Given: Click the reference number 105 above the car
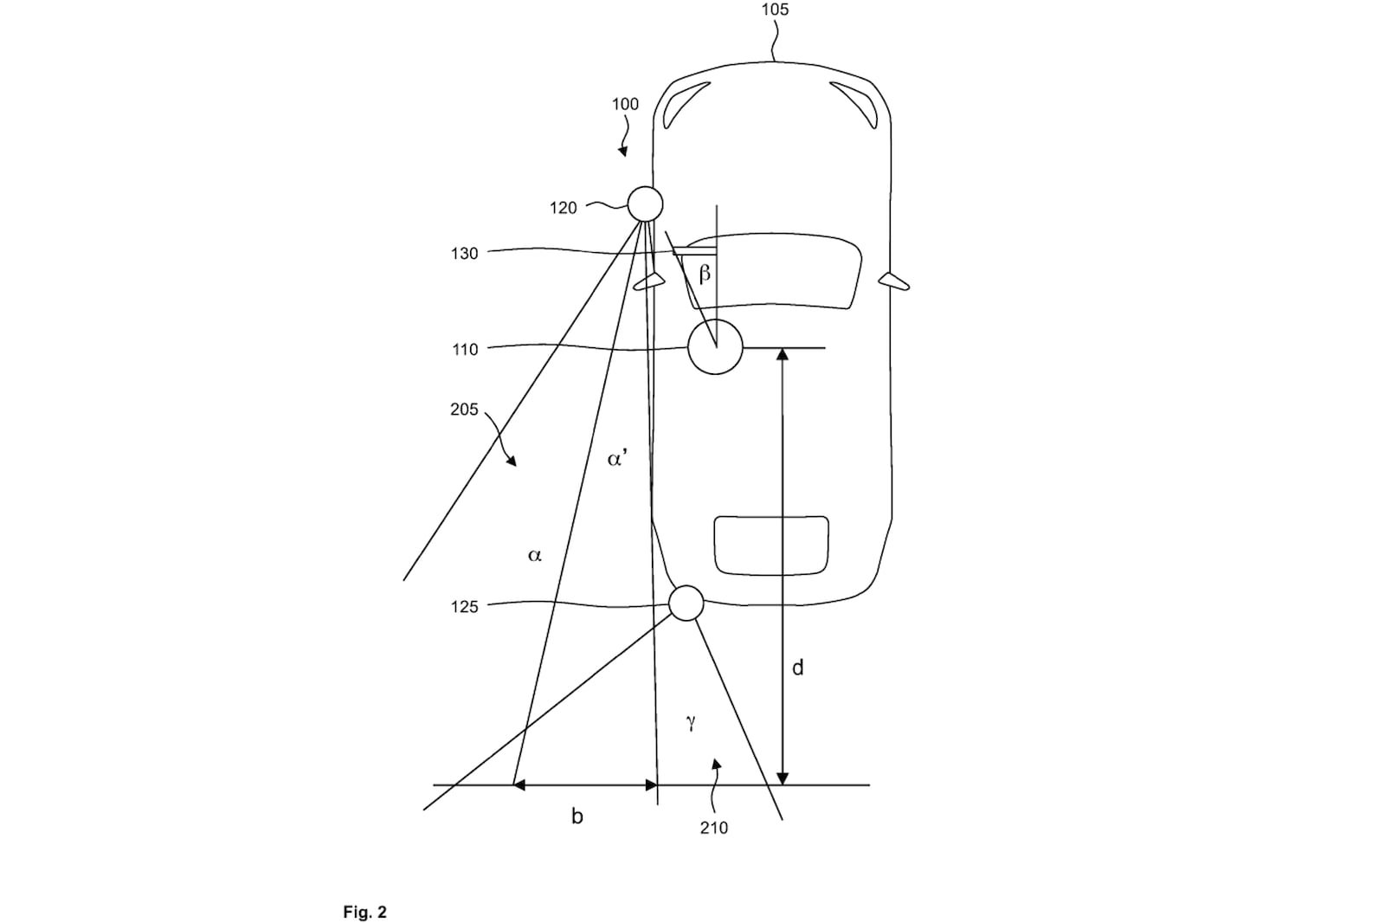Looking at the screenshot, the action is coord(775,10).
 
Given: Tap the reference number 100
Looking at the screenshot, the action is coord(625,104).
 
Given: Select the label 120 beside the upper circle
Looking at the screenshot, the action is coord(563,208).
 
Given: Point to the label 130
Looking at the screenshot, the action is coord(464,254).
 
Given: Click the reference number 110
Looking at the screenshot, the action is coord(464,350).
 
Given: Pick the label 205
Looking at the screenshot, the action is coord(464,410).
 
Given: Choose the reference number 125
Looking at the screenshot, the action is coord(464,607).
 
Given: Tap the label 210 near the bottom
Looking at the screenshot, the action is coord(714,828).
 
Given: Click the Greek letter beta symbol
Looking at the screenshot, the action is coord(705,273).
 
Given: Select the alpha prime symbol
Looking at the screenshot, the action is coord(618,458).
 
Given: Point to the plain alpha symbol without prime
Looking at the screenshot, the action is coord(535,555).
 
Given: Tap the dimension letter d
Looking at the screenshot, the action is coord(797,668).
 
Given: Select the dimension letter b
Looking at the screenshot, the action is coord(577,816).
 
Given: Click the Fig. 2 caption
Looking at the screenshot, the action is coord(364,912).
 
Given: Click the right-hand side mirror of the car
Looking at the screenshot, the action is coord(894,281).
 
